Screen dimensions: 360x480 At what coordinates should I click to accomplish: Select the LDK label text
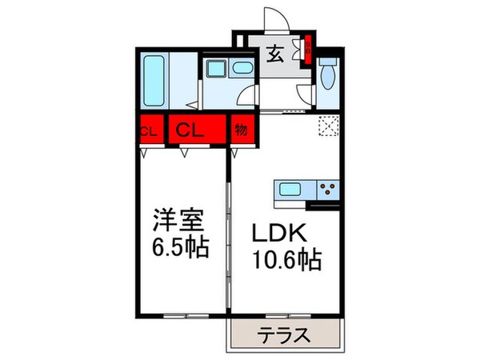coord(281,234)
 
